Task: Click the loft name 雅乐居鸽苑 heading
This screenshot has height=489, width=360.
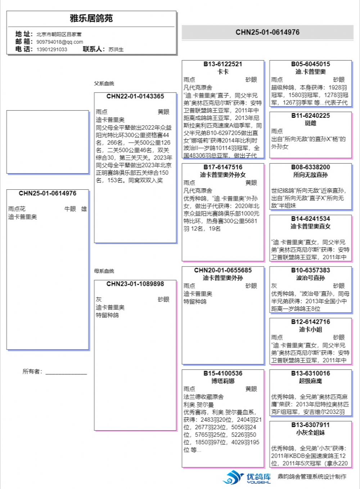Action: [91, 18]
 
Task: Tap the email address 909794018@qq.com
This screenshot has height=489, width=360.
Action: [59, 42]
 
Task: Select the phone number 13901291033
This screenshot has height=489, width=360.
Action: [51, 49]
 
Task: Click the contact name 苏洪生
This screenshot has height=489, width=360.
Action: [116, 49]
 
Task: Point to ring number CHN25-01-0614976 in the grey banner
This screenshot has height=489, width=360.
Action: [267, 32]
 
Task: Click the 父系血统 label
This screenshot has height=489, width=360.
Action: [104, 84]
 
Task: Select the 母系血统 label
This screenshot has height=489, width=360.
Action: [104, 271]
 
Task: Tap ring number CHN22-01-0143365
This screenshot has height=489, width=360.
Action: [135, 97]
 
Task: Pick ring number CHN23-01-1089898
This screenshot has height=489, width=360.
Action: [135, 284]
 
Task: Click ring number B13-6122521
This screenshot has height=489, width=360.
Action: [223, 64]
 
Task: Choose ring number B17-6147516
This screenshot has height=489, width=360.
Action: [223, 167]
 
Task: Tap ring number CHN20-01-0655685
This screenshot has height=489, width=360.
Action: [223, 270]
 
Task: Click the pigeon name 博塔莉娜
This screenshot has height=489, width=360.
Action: [223, 381]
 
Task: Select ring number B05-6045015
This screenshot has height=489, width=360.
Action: [310, 64]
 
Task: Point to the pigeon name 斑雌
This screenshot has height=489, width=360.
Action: [310, 123]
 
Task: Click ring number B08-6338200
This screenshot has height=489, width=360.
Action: [310, 167]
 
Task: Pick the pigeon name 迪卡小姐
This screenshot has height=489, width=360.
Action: [310, 329]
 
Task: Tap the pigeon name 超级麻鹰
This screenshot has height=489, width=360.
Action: [310, 381]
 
